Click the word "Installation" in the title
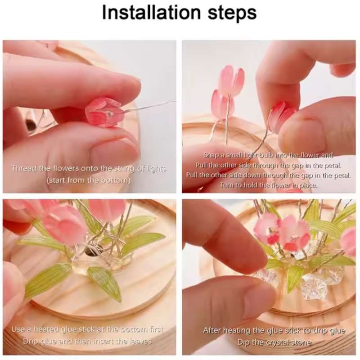151,13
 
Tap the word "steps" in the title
232,13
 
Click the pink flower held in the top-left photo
104,112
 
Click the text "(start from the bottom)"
88,180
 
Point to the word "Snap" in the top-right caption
211,155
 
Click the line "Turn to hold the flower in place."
268,185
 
